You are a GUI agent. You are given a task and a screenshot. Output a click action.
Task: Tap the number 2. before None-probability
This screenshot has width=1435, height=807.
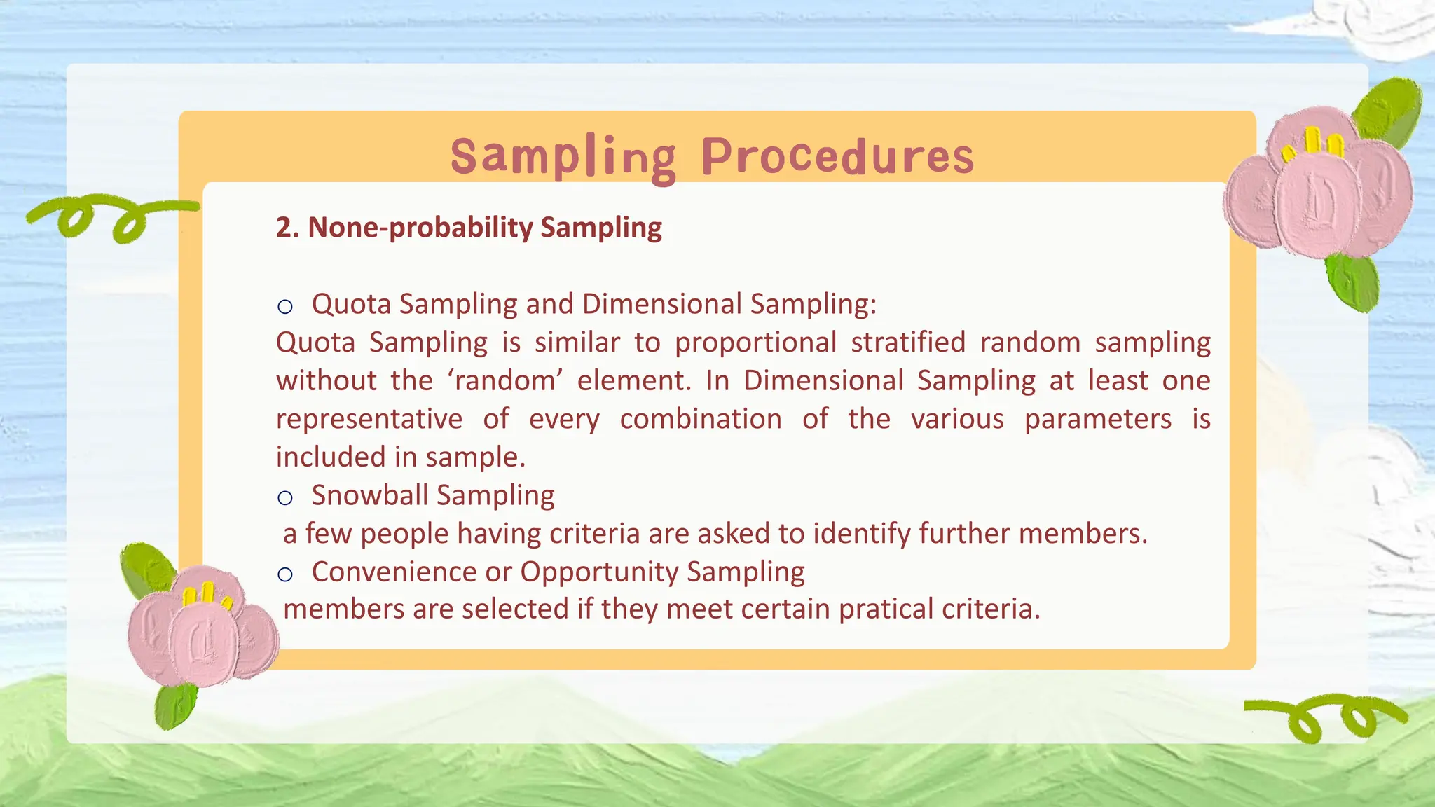pyautogui.click(x=287, y=228)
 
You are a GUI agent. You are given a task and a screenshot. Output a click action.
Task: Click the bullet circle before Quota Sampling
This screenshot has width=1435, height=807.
pyautogui.click(x=284, y=306)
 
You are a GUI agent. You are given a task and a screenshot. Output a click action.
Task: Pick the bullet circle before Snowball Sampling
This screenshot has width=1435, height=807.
pyautogui.click(x=284, y=497)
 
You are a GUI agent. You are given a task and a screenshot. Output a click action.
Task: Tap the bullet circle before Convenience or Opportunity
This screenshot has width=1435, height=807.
pyautogui.click(x=284, y=574)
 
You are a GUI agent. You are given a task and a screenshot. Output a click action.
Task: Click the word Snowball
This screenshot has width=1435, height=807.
pyautogui.click(x=369, y=495)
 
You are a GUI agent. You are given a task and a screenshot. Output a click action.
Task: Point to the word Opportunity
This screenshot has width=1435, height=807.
pyautogui.click(x=598, y=572)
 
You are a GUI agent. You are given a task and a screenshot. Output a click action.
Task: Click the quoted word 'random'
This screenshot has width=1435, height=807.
pyautogui.click(x=504, y=381)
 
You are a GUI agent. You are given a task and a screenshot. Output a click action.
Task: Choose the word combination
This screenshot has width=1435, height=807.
pyautogui.click(x=700, y=419)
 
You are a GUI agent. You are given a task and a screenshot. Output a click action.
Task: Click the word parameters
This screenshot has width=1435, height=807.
pyautogui.click(x=1097, y=419)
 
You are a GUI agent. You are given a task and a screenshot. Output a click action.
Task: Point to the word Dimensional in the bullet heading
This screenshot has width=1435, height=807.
pyautogui.click(x=661, y=304)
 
